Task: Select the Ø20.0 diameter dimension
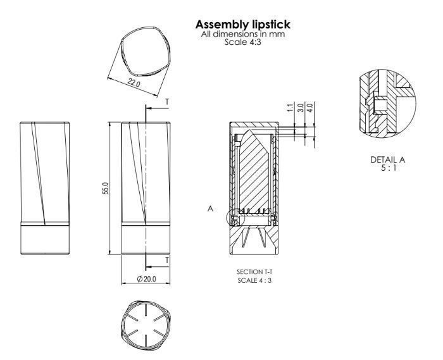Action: (146, 279)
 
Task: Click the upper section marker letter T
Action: (167, 101)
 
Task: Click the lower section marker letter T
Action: (167, 260)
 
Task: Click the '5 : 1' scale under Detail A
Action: (387, 168)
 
